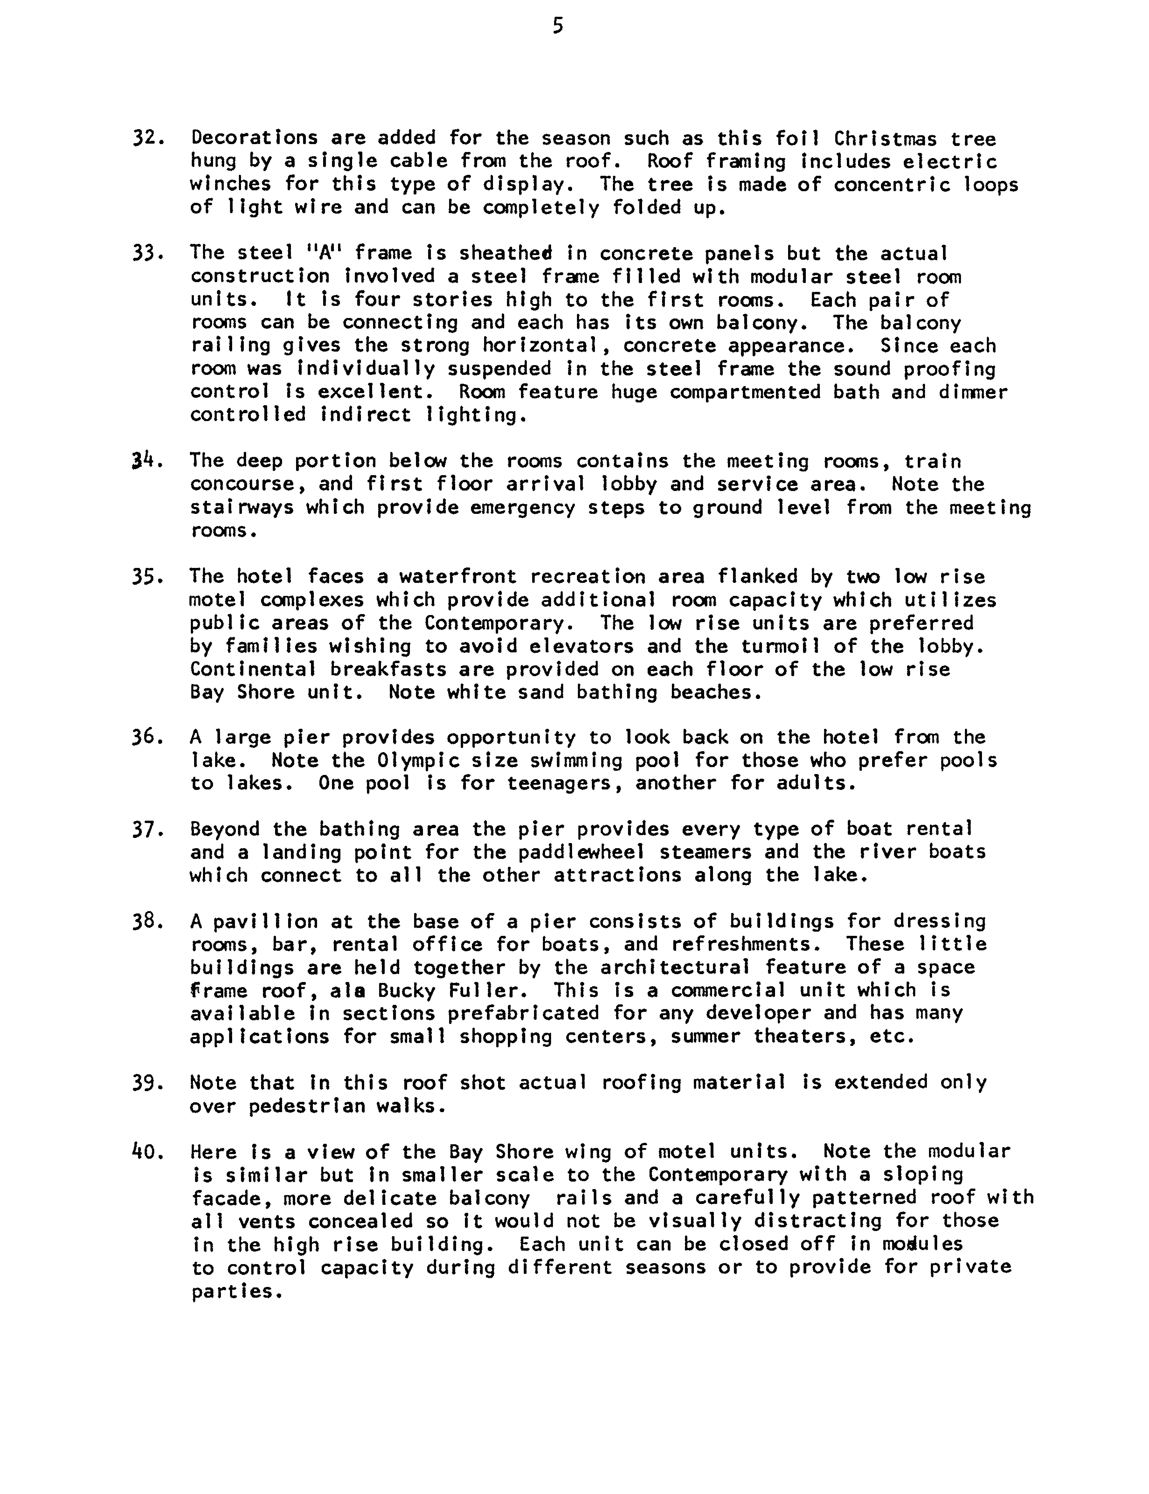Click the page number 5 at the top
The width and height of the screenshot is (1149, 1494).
point(558,27)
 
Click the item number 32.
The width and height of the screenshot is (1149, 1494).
point(148,139)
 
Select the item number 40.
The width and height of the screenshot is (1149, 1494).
point(148,1152)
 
